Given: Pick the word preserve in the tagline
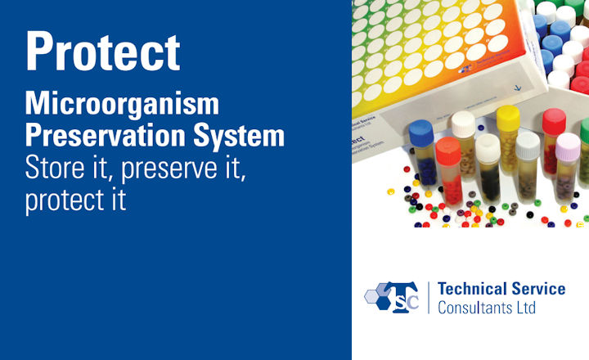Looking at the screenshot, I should [x=161, y=169].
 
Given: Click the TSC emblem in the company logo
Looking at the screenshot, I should [x=392, y=297].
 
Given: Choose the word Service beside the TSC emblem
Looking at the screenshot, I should [x=537, y=290].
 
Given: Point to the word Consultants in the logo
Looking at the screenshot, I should [x=482, y=308].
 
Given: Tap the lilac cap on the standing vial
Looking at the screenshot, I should [x=568, y=145].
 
